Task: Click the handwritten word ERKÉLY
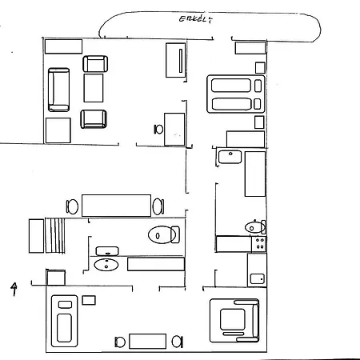pos(196,19)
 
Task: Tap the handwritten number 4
pos(14,289)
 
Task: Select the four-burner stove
pos(259,244)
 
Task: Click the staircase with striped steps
pos(54,235)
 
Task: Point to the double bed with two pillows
pos(236,94)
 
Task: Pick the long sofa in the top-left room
pos(58,90)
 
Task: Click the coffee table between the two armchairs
pos(94,88)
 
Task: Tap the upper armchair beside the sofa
pos(95,64)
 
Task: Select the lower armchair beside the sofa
pos(94,119)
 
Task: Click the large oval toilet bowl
pos(164,234)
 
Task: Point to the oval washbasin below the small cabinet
pos(106,265)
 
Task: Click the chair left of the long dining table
pos(72,206)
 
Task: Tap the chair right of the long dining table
pos(158,206)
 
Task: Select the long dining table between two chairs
pos(116,206)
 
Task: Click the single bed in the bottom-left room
pos(65,321)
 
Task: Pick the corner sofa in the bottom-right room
pos(234,321)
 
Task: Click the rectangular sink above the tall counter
pos(230,157)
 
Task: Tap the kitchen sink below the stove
pos(258,279)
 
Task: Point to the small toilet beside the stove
pos(255,227)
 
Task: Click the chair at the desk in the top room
pos(158,130)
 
